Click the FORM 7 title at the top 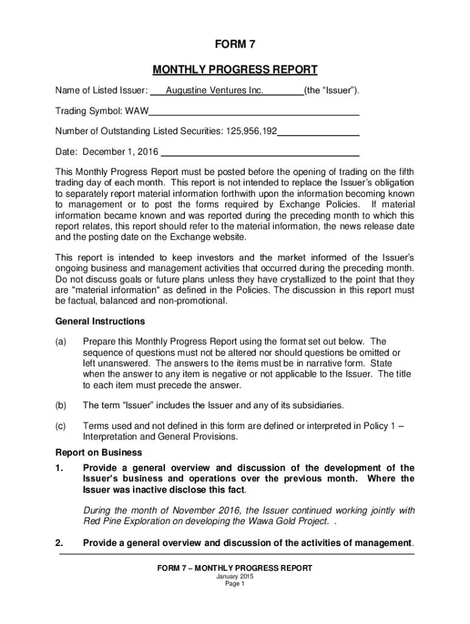[x=234, y=45]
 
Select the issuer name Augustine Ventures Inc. [x=214, y=91]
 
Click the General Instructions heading [x=100, y=321]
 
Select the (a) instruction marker [x=61, y=341]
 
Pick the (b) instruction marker [x=61, y=405]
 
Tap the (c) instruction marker [x=61, y=426]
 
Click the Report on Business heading [x=99, y=453]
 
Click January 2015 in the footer [x=235, y=576]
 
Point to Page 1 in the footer [x=235, y=583]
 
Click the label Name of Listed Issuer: [x=101, y=91]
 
